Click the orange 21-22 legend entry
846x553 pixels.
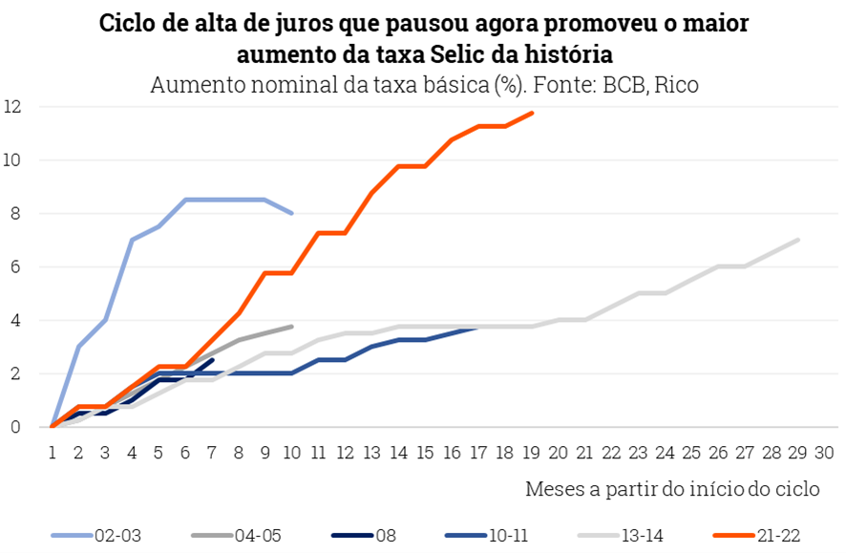tap(769, 535)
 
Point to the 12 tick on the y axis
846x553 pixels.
tap(12, 107)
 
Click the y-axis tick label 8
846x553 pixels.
tap(15, 214)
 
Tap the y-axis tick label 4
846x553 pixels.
tap(15, 321)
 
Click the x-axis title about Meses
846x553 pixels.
tap(672, 489)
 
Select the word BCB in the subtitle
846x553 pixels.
tap(622, 84)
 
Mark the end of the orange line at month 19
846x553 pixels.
tap(532, 113)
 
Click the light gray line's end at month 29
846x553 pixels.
tap(798, 240)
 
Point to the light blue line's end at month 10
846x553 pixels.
tap(291, 213)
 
